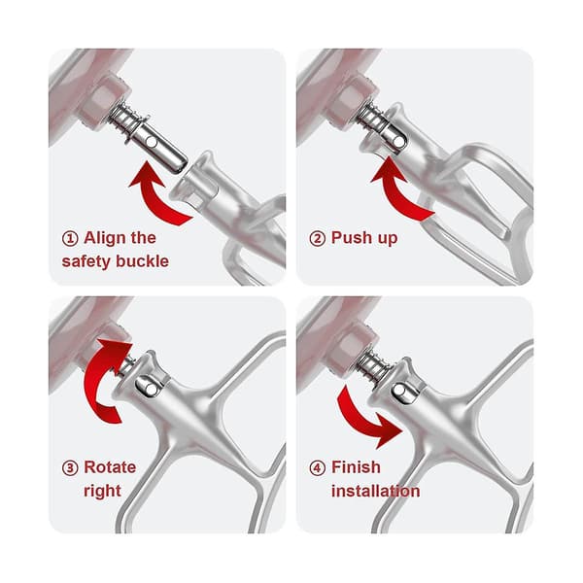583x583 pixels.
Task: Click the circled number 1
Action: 70,238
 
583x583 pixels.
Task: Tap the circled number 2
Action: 317,238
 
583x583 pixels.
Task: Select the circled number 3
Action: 70,467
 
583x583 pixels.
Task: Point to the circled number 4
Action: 317,467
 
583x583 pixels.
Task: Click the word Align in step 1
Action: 106,239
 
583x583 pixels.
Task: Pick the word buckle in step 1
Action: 142,261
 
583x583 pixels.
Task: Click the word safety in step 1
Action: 86,261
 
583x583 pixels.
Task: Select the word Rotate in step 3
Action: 110,467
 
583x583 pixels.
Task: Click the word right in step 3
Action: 103,492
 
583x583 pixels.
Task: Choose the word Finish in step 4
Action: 356,467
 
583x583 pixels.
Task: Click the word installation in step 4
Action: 375,491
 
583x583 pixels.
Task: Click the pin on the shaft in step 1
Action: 151,142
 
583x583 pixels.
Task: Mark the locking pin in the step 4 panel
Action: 399,390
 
